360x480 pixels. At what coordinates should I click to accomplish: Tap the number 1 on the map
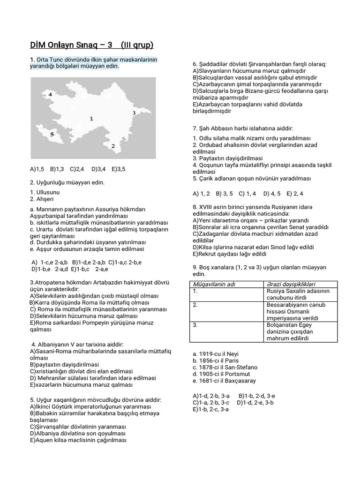(91, 119)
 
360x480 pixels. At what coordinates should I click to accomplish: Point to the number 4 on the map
(50, 94)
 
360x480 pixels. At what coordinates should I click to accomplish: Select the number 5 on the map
(52, 134)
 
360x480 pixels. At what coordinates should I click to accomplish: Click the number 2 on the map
(113, 146)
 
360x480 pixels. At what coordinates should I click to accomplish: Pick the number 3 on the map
(134, 112)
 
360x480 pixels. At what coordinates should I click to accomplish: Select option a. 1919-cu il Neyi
(213, 354)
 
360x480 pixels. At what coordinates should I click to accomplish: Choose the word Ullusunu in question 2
(47, 192)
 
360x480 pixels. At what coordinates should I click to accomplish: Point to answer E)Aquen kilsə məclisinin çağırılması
(78, 440)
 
